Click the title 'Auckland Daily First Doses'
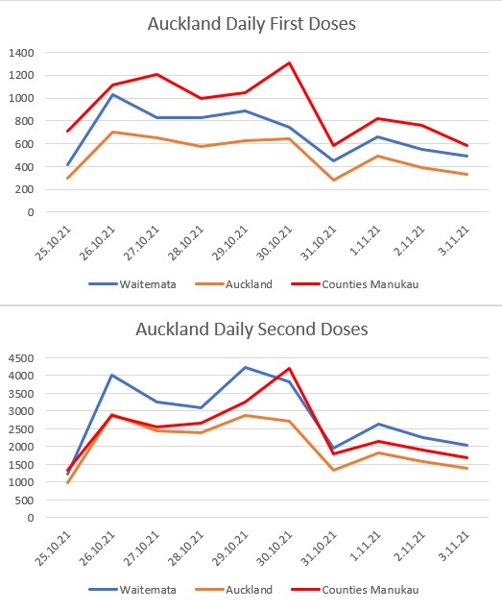[251, 24]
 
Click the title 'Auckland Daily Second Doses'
[251, 329]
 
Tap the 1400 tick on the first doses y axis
[21, 53]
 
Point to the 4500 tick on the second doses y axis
[21, 358]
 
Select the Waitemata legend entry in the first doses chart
[132, 284]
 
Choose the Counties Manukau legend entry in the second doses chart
[355, 590]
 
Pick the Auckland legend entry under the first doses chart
[233, 284]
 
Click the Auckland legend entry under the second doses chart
[233, 590]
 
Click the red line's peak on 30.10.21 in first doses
[289, 62]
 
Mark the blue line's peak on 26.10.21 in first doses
[112, 94]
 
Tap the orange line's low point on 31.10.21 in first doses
[334, 181]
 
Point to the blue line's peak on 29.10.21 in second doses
[245, 367]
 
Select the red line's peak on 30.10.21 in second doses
[289, 368]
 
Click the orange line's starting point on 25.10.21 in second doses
[68, 483]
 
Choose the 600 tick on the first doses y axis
[24, 144]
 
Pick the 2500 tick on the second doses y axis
[21, 429]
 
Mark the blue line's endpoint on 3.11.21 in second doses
[466, 445]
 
